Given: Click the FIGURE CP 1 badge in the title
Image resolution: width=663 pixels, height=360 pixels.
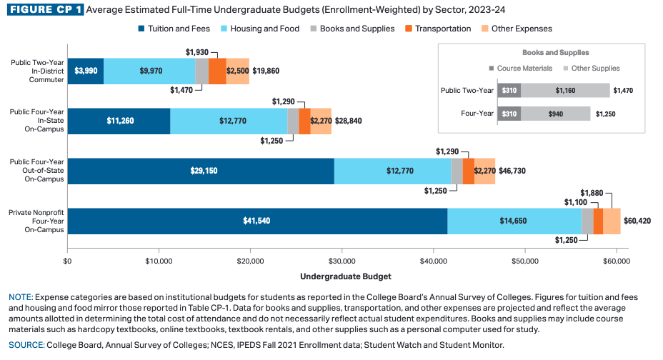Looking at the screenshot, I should click(x=45, y=11).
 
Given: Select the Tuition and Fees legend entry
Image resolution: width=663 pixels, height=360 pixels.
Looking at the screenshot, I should click(x=169, y=29).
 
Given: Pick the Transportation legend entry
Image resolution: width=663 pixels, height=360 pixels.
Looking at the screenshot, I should click(x=438, y=29).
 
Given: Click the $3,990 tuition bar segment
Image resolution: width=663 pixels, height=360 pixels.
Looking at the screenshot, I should click(x=86, y=71).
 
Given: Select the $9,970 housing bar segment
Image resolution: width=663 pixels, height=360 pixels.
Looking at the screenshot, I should click(x=149, y=71).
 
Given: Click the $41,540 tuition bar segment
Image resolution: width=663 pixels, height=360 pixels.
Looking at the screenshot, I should click(x=256, y=221).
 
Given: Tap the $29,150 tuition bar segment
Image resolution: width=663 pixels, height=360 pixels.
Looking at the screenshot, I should click(x=201, y=171).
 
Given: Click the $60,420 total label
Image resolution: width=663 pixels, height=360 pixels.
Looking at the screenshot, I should click(x=637, y=221).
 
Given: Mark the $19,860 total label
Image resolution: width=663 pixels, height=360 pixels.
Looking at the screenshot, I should click(x=266, y=71).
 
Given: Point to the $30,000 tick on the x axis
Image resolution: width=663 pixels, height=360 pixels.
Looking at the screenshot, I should click(x=342, y=261).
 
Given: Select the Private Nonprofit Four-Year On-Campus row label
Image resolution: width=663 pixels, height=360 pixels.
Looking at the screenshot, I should click(x=36, y=221).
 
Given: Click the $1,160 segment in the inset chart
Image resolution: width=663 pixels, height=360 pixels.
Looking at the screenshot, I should click(x=565, y=91).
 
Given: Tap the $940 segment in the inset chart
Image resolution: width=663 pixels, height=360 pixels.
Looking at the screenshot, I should click(x=555, y=114).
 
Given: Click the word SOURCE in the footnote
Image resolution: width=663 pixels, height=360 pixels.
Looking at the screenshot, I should click(x=26, y=345).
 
